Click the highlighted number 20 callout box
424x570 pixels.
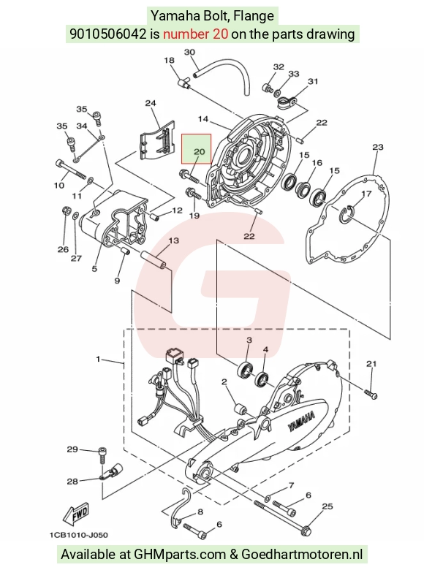click(197, 148)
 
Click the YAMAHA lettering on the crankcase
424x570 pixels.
click(302, 422)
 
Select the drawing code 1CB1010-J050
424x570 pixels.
click(78, 535)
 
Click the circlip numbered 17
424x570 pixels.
click(347, 213)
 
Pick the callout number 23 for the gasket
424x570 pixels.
click(378, 147)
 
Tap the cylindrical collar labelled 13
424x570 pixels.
click(154, 259)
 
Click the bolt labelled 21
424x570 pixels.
click(371, 394)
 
